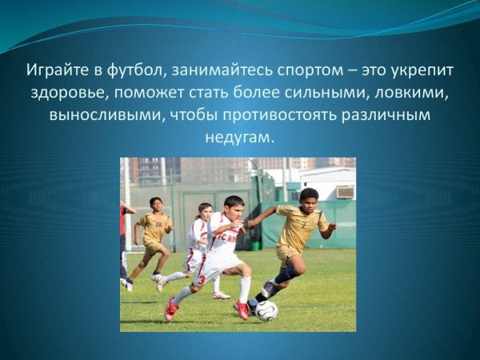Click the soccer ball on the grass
(x=266, y=310)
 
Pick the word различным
(x=385, y=114)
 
